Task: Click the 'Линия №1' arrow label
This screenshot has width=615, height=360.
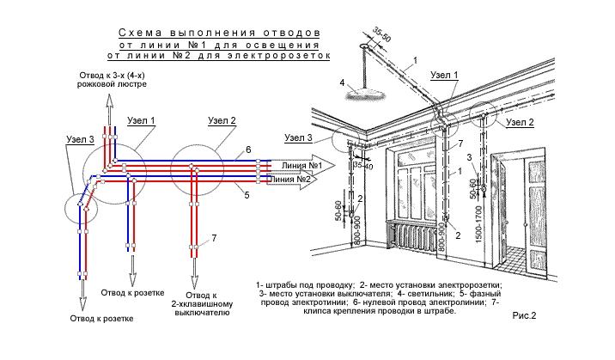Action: (301, 166)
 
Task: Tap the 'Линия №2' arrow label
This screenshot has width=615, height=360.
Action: (291, 180)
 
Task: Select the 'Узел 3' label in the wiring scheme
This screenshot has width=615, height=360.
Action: (81, 139)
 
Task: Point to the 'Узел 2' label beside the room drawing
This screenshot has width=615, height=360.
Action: (520, 122)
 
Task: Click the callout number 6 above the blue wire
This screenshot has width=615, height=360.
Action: (248, 149)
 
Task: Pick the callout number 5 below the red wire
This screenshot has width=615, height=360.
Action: (247, 195)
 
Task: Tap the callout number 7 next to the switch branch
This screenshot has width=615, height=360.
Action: (214, 238)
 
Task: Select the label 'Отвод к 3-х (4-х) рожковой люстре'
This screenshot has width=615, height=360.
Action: (112, 80)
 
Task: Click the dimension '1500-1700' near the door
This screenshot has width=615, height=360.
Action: (478, 224)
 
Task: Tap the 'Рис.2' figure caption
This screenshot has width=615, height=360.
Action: (524, 315)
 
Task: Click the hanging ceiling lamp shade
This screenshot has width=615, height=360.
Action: (362, 94)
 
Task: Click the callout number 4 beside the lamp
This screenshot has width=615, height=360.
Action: (343, 83)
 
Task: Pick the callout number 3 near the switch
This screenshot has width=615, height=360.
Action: (469, 157)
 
